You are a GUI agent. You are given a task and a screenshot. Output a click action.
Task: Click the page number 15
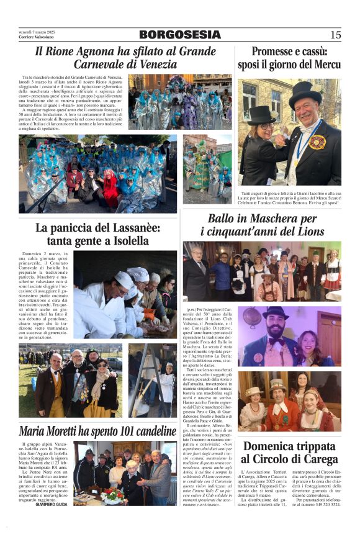(x=335, y=35)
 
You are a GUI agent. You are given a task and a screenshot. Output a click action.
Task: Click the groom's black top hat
(x=305, y=93)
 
